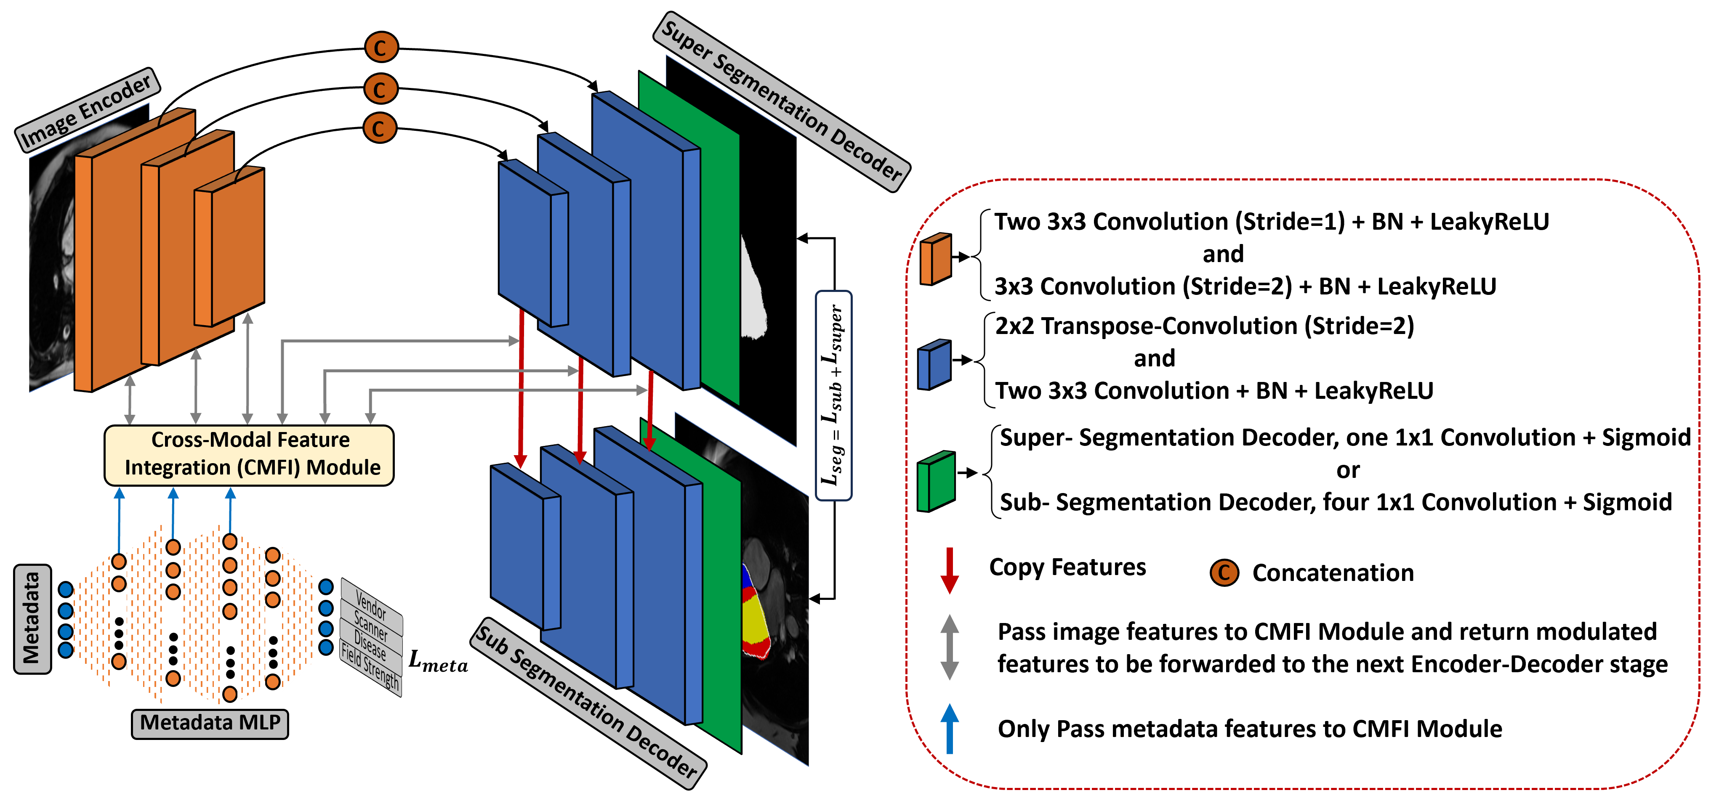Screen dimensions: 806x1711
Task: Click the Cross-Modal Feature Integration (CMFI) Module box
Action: (250, 454)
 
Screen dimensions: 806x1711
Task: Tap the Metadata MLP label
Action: (210, 722)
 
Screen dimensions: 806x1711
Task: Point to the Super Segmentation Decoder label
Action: (782, 101)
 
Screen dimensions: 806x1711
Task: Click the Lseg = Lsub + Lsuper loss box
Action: (833, 395)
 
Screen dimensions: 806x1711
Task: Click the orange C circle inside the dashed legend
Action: (1224, 572)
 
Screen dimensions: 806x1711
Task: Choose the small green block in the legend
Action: (936, 481)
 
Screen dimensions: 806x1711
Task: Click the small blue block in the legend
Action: (934, 364)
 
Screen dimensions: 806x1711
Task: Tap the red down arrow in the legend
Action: (950, 570)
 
